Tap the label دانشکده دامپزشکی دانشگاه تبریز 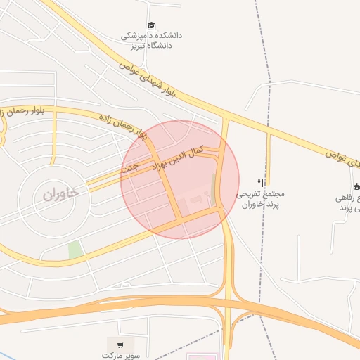tap(150, 40)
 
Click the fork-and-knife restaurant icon tap(262, 183)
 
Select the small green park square tap(75, 250)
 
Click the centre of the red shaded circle tap(180, 179)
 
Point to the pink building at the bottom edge tap(199, 356)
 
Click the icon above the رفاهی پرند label tap(356, 186)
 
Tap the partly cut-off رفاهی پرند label tap(349, 204)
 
